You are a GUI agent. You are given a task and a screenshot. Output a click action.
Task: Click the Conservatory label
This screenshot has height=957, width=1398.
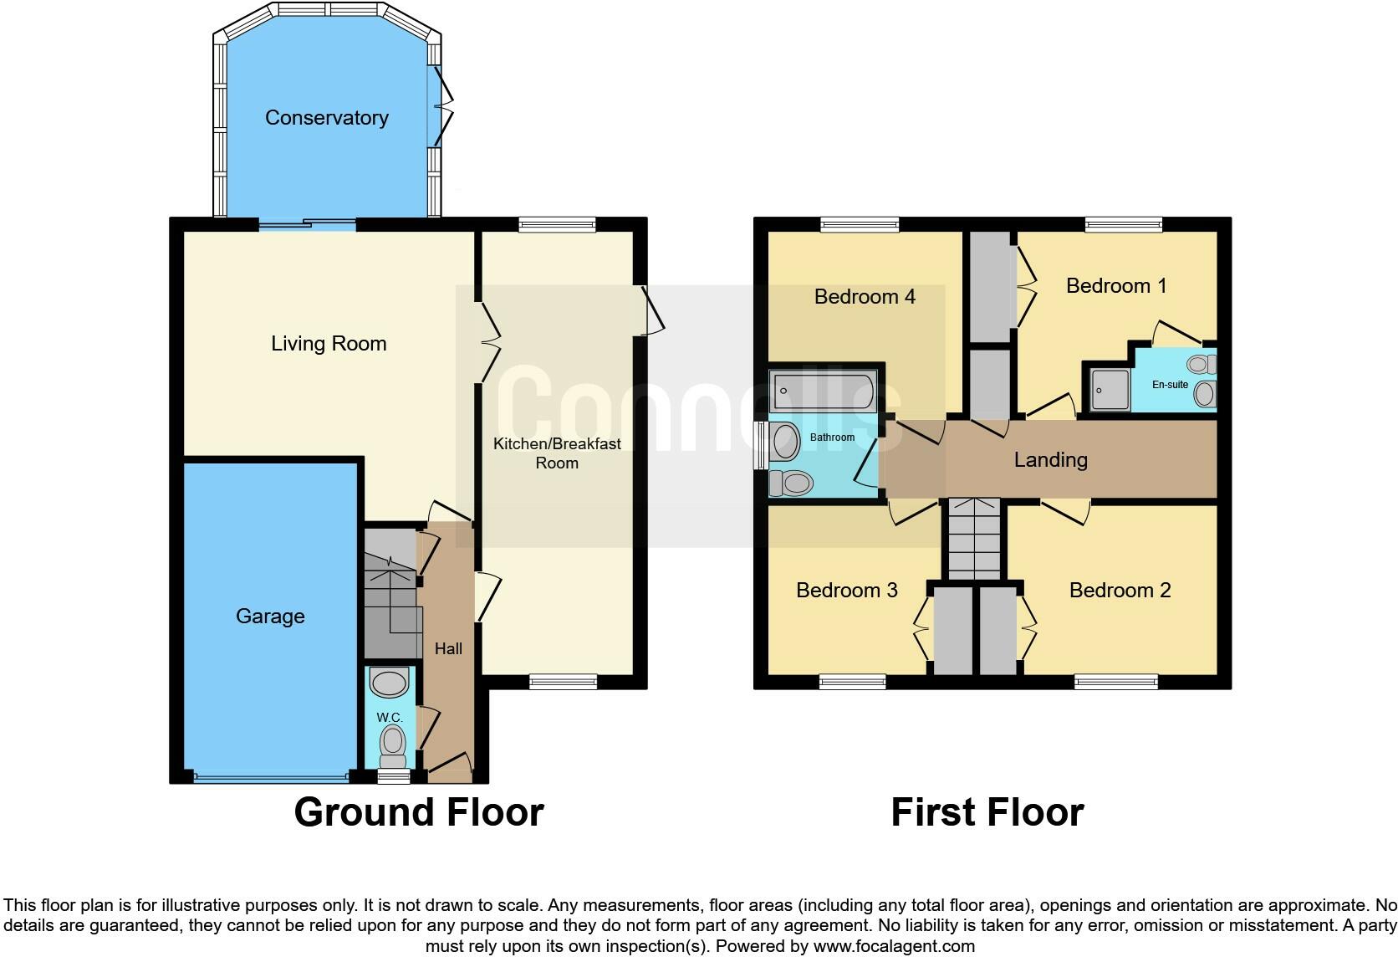tap(326, 118)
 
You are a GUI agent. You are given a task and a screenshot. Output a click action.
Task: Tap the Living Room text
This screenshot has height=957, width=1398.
tap(329, 344)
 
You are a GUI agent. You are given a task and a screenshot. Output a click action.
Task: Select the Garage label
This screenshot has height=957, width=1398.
tap(270, 617)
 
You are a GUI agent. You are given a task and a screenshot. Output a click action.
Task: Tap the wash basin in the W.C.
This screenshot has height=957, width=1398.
tap(389, 683)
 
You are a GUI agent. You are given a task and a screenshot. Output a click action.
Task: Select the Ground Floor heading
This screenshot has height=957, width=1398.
tap(419, 812)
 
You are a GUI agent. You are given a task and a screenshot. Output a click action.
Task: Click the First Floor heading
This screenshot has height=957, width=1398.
tap(987, 812)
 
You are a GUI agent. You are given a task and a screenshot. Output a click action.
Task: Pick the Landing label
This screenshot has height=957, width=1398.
tap(1050, 460)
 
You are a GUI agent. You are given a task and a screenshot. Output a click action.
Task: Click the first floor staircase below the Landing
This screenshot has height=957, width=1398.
tap(974, 540)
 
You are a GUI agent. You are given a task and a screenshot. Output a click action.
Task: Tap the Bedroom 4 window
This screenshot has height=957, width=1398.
tap(860, 224)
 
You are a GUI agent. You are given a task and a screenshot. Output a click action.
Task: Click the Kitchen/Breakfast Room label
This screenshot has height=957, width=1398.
tap(557, 453)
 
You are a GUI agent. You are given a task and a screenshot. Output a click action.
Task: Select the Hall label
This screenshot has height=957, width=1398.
tap(448, 649)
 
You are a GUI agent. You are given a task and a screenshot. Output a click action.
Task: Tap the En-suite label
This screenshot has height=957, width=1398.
tap(1170, 385)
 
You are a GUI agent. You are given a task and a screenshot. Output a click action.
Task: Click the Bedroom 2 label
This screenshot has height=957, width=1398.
tap(1120, 591)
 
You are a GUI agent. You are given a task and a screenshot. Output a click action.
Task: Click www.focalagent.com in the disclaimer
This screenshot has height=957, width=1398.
tap(894, 946)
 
